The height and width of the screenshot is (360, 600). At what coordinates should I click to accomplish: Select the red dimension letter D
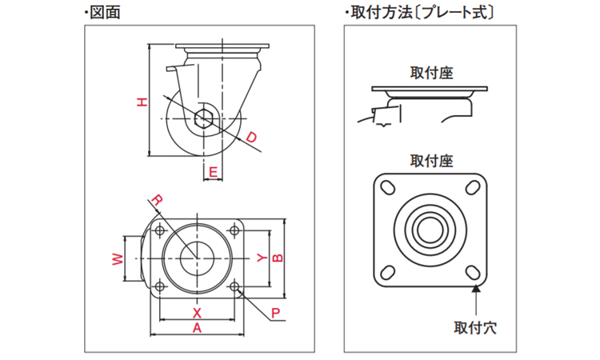point(251,138)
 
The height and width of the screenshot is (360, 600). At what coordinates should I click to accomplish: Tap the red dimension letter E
point(213,171)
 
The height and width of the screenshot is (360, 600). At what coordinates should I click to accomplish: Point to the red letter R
point(158,199)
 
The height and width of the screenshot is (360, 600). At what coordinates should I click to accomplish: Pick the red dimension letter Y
point(261,258)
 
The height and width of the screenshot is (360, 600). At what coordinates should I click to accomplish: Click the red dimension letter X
point(197,312)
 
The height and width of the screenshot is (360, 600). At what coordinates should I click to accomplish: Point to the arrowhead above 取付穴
point(477,289)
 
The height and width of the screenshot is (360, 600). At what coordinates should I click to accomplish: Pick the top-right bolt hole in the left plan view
point(235,230)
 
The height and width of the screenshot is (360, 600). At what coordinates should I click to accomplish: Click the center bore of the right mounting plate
point(431,229)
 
